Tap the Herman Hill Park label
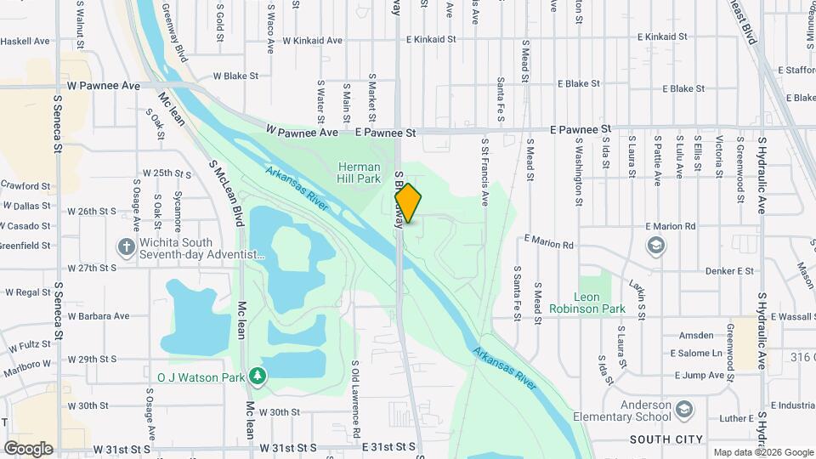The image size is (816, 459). [x=359, y=173]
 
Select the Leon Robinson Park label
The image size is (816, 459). [x=586, y=303]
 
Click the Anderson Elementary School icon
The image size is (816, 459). [x=683, y=411]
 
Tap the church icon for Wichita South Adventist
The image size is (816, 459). [x=126, y=247]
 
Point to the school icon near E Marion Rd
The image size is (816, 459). [x=655, y=246]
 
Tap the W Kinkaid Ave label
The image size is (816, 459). [x=312, y=40]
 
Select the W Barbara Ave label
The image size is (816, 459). [x=99, y=315]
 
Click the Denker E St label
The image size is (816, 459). [x=729, y=271]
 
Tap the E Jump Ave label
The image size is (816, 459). [x=699, y=375]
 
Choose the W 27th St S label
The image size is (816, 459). [x=92, y=268]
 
